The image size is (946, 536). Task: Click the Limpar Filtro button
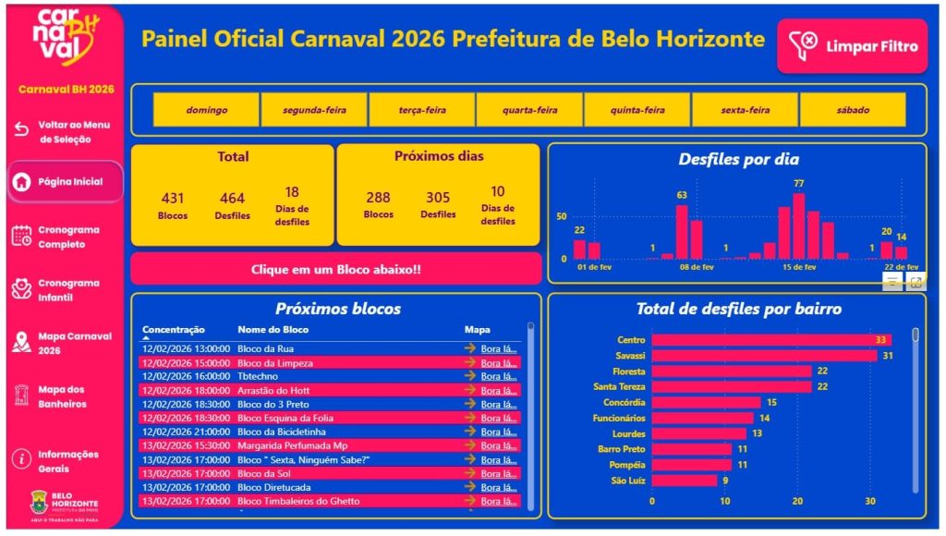click(x=852, y=45)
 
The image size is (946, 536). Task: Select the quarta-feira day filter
click(x=529, y=110)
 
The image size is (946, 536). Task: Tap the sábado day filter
click(x=853, y=110)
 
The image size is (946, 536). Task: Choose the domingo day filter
click(x=206, y=110)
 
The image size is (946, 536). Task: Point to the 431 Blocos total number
click(x=173, y=198)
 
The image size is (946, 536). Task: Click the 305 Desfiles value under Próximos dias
click(x=438, y=198)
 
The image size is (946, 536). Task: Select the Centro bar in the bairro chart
click(x=770, y=340)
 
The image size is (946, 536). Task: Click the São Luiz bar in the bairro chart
click(x=684, y=481)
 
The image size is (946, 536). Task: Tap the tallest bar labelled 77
click(x=798, y=225)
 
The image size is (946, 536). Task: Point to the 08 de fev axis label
click(x=697, y=267)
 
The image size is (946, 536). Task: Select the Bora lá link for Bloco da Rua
click(x=498, y=349)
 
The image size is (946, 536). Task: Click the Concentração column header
click(x=174, y=330)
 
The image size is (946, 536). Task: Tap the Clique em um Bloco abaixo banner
click(x=336, y=269)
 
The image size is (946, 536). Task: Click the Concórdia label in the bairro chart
click(x=625, y=402)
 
